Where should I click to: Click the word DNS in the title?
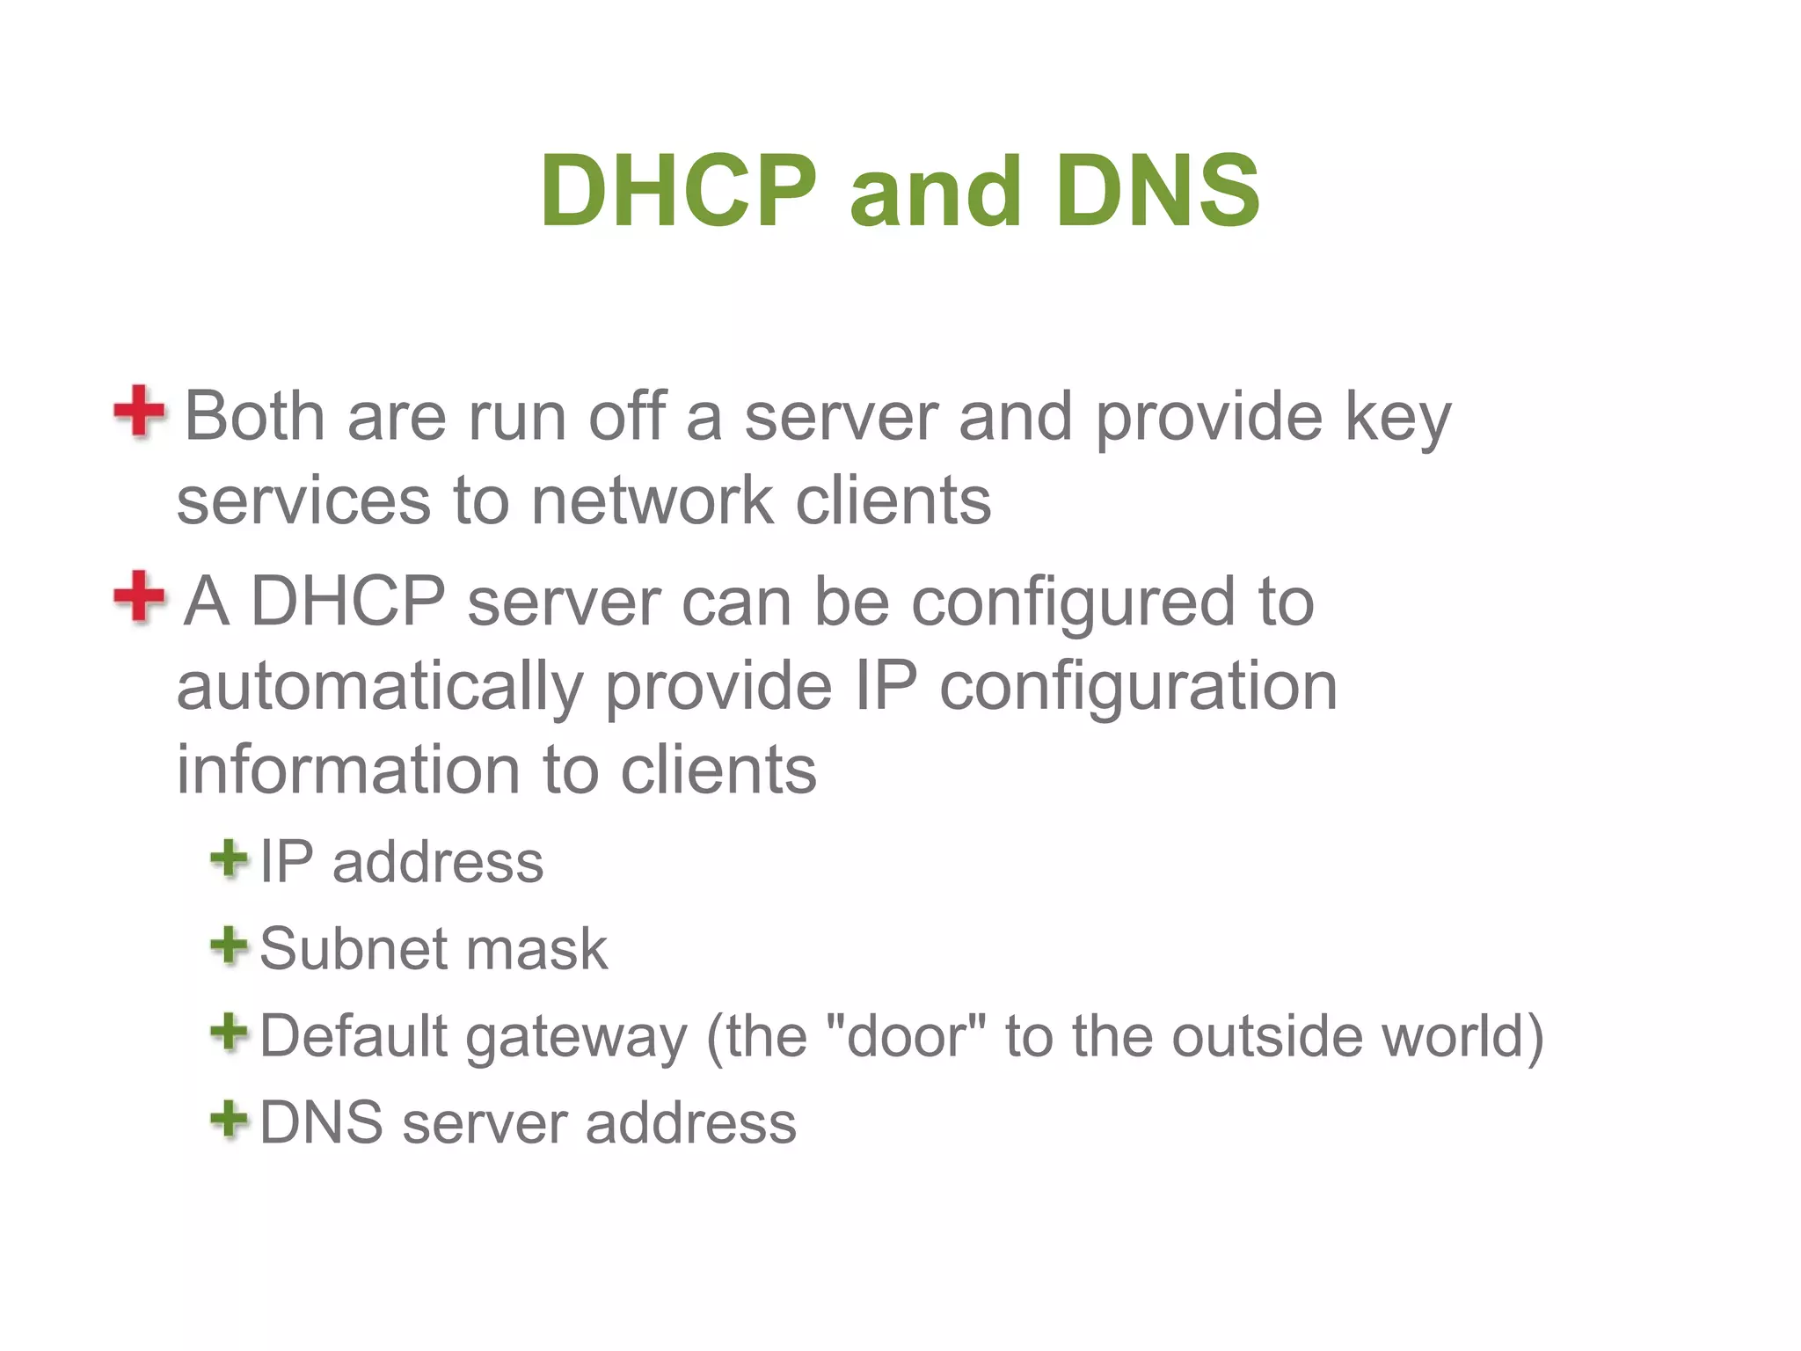[x=1158, y=191]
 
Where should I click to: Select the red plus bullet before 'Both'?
[x=139, y=411]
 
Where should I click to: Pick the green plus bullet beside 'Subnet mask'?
[x=229, y=946]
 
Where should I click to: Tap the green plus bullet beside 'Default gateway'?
[x=229, y=1032]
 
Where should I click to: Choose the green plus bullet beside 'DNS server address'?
[x=229, y=1119]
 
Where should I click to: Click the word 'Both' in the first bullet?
[x=254, y=416]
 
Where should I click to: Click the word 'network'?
[x=652, y=500]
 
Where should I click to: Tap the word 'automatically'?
[x=379, y=687]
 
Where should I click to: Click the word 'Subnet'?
[x=351, y=949]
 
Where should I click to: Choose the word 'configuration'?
[x=1138, y=687]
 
